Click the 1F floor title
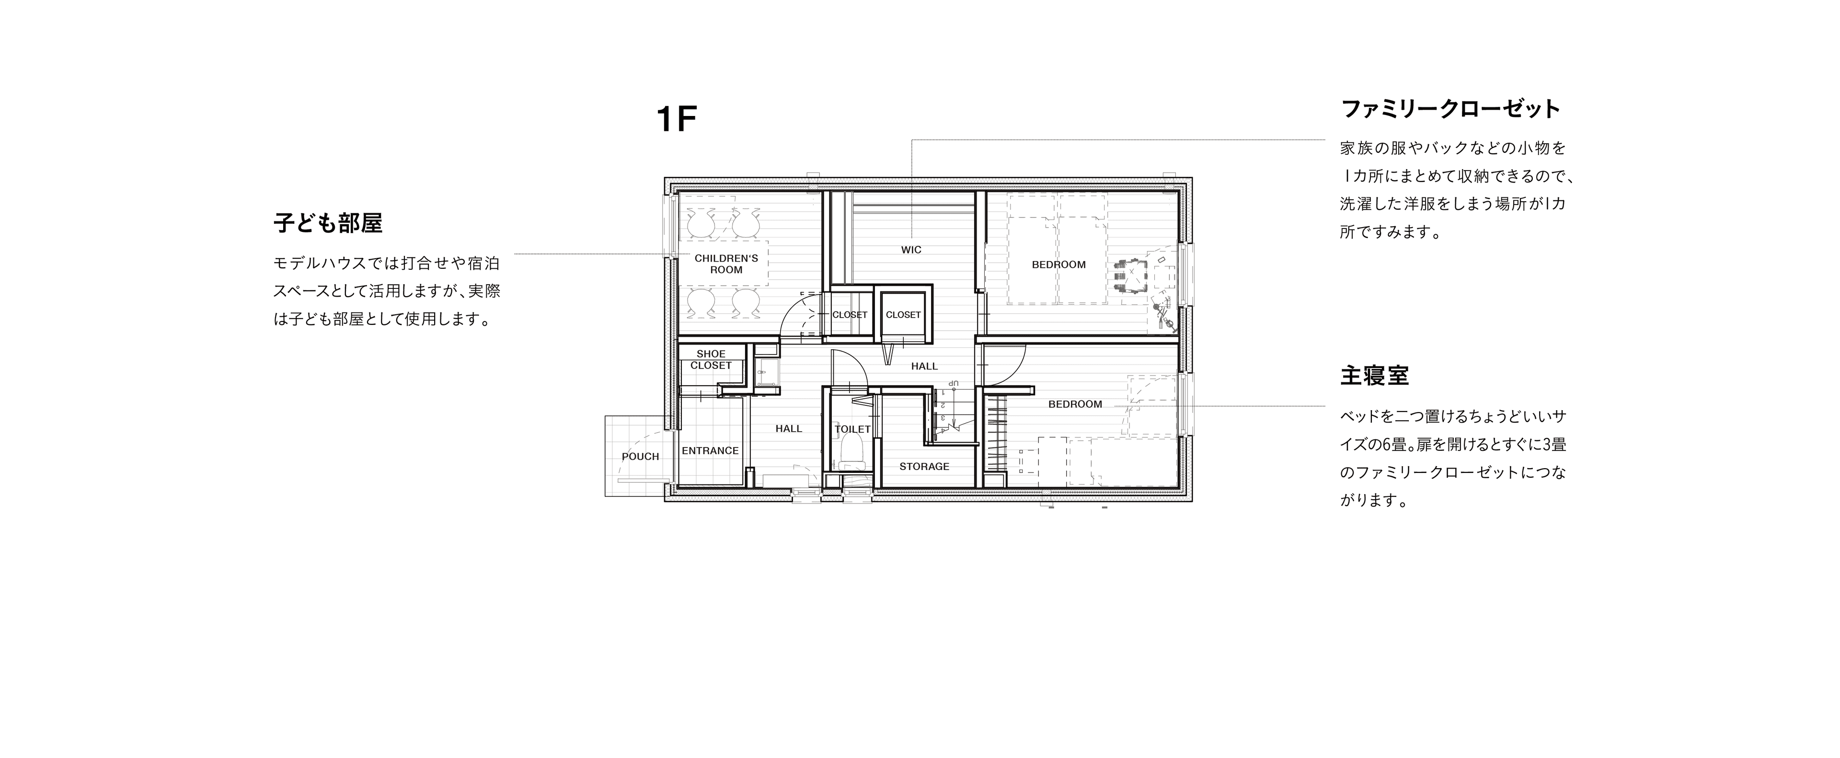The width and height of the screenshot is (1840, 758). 676,119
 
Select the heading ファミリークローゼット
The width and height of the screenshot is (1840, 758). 1451,109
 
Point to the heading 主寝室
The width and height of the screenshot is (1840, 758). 1374,375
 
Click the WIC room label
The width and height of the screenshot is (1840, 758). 911,250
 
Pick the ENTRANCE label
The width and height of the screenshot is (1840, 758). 710,451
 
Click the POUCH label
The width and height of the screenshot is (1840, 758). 640,457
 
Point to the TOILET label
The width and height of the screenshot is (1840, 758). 853,429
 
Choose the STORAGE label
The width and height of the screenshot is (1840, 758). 924,467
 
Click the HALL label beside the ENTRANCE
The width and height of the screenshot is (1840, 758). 789,429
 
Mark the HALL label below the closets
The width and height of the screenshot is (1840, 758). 924,367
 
